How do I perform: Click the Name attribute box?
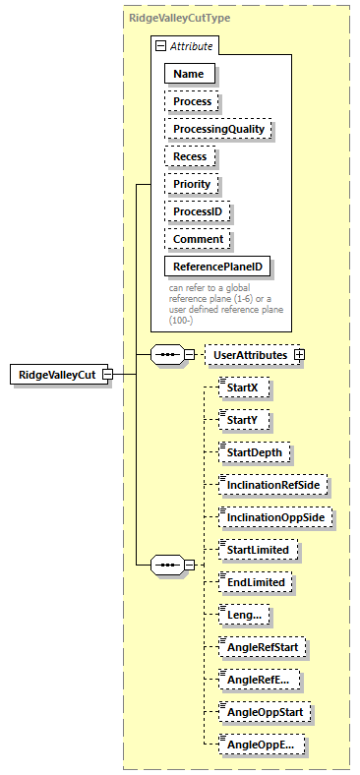(x=190, y=74)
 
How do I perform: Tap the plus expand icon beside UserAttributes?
(x=300, y=354)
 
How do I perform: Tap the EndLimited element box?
(x=255, y=582)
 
